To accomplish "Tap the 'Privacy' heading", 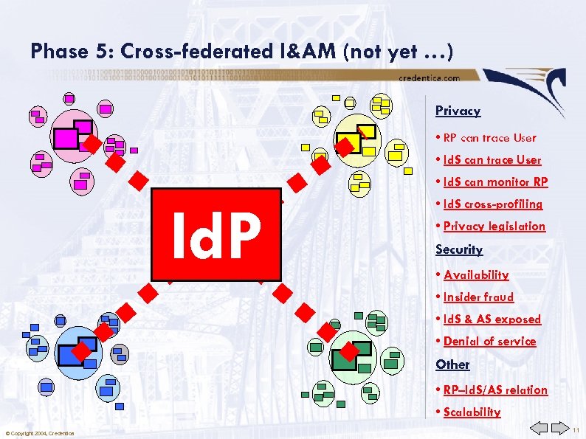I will click(x=458, y=111).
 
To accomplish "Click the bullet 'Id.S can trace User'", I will click(x=492, y=159).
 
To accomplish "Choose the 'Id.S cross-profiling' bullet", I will click(x=493, y=204).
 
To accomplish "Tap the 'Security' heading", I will click(x=459, y=249).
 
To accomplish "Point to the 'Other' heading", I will click(x=452, y=364).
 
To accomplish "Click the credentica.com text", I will click(x=429, y=77).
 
